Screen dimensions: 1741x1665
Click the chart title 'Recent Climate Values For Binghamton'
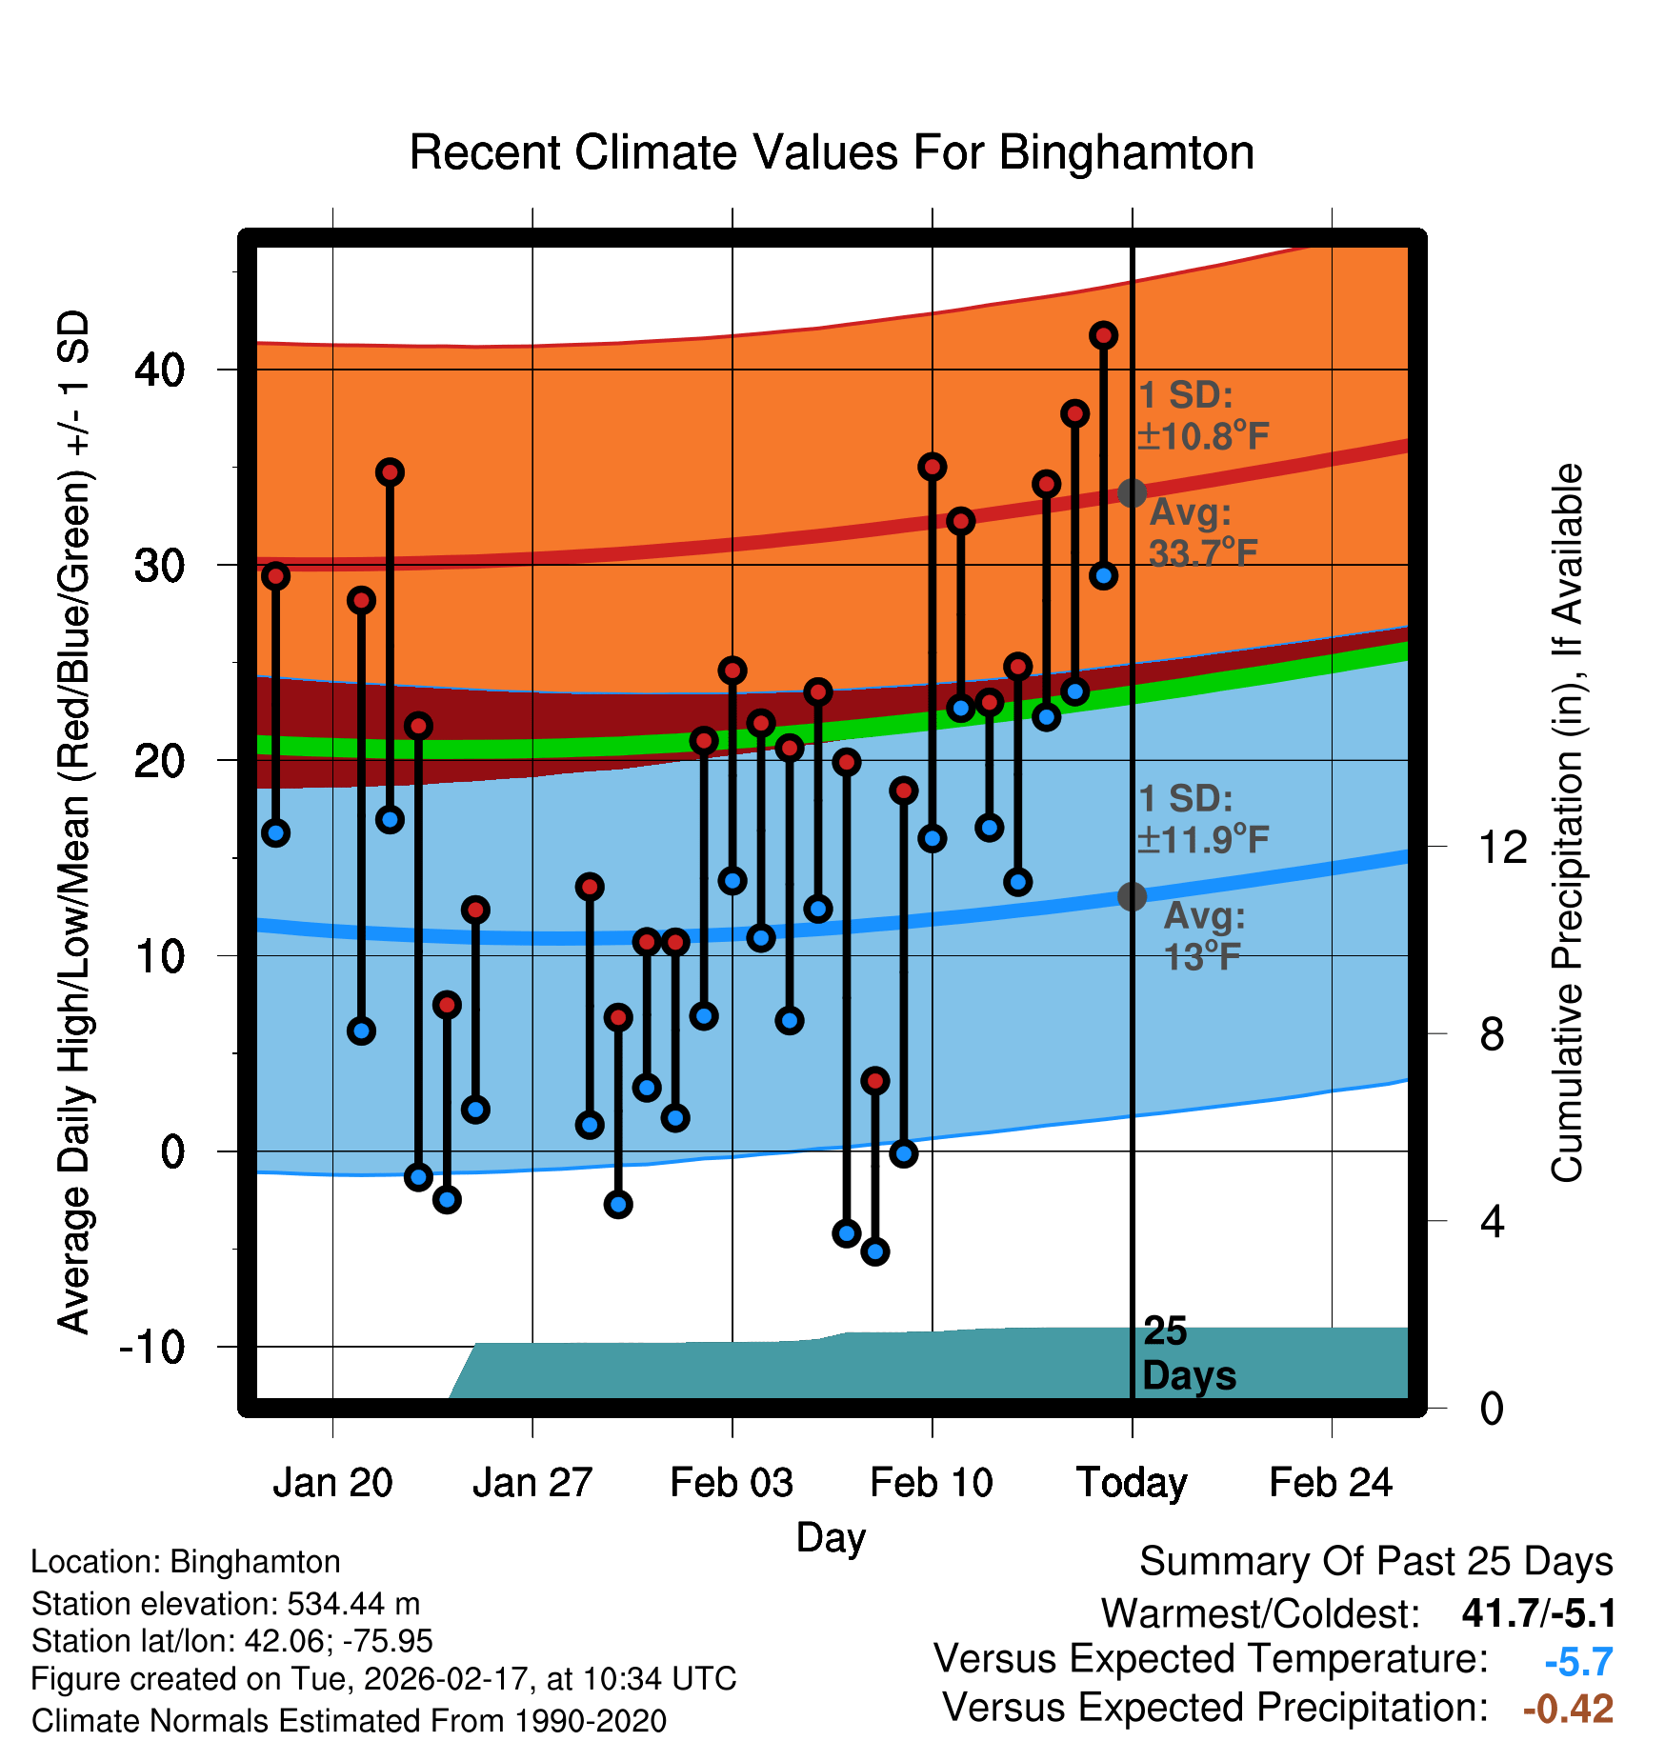[832, 152]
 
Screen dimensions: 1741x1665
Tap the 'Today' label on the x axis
[1132, 1483]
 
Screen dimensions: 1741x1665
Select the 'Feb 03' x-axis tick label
[732, 1483]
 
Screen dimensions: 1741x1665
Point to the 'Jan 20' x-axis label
[332, 1483]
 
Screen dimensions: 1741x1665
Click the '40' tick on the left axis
[159, 370]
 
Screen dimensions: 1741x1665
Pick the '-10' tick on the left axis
[152, 1347]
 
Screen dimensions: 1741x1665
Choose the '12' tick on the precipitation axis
[1501, 847]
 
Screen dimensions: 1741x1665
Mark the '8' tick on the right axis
[1492, 1033]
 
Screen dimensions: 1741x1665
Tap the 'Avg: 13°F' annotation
[1204, 936]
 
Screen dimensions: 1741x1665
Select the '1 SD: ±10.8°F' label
[1202, 415]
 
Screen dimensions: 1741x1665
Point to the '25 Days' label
[1187, 1353]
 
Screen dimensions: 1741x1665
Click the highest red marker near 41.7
[1103, 335]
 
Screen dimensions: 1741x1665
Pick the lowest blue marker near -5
[875, 1251]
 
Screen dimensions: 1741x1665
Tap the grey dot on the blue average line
[1132, 896]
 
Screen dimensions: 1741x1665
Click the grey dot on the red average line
[1132, 493]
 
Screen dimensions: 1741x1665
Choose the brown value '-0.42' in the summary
[1568, 1709]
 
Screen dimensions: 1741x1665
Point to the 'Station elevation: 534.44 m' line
[226, 1604]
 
